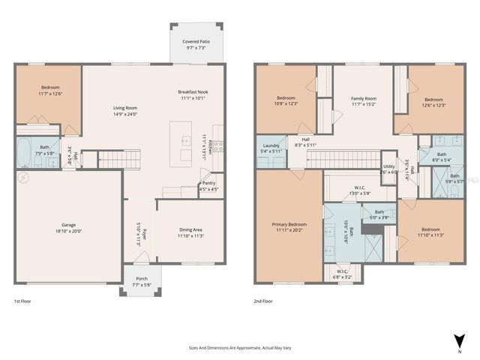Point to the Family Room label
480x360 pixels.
click(364, 98)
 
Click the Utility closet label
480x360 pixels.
click(388, 166)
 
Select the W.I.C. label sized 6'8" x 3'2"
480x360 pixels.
click(342, 271)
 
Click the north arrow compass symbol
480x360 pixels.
click(458, 337)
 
